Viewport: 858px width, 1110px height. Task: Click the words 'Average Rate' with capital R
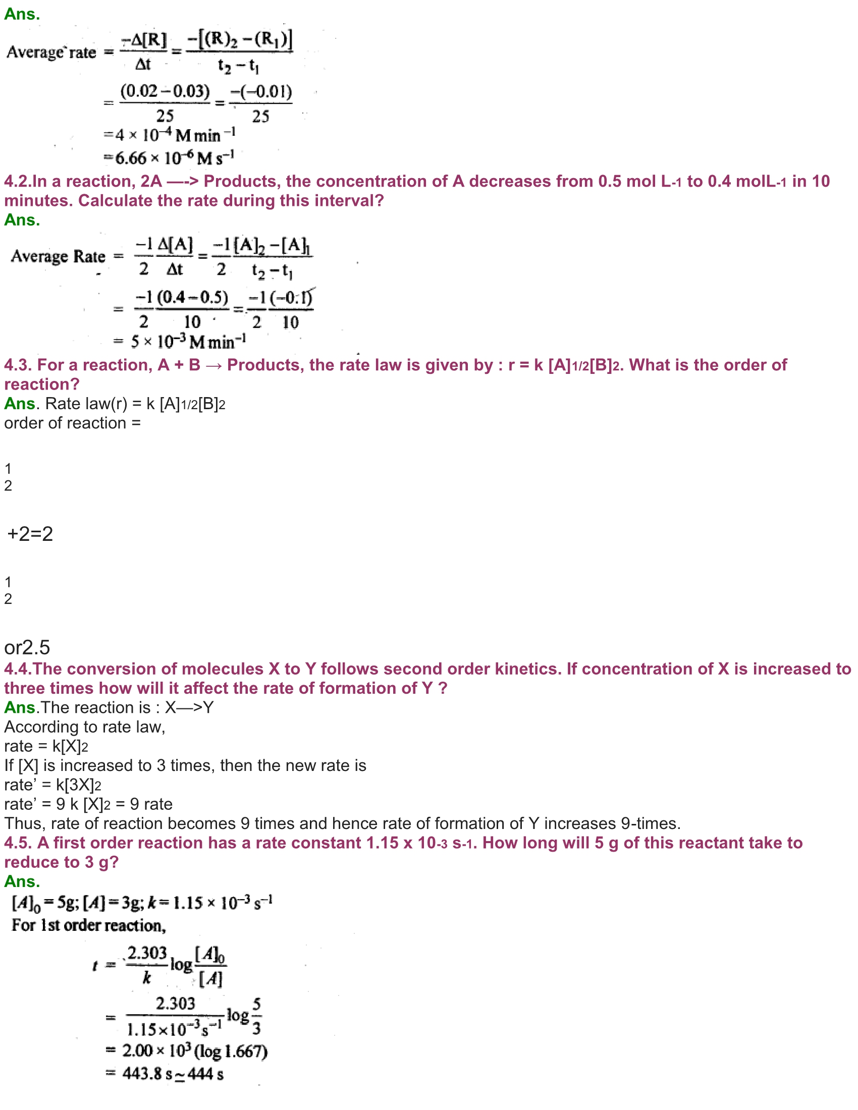coord(58,256)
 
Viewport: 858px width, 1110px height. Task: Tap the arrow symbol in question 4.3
coord(213,365)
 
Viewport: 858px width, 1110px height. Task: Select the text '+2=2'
coord(30,534)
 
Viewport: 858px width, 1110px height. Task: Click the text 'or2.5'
coord(27,647)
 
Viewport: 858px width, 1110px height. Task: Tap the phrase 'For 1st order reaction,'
coord(89,925)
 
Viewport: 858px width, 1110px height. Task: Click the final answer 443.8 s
coord(147,1074)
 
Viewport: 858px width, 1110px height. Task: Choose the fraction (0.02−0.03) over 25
coord(165,103)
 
